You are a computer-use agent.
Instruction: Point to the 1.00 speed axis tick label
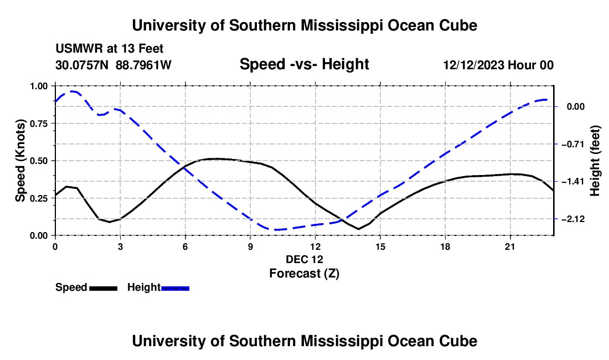[39, 86]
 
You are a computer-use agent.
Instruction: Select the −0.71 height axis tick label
[573, 144]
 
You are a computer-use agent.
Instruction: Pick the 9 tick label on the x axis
[250, 246]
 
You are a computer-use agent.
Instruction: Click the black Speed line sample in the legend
[104, 288]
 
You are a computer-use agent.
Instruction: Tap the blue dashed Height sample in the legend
[175, 288]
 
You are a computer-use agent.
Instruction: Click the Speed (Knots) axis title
[20, 161]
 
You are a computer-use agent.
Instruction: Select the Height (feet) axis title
[595, 161]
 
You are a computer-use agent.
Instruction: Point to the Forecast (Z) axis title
[304, 274]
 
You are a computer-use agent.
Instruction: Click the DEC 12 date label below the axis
[304, 259]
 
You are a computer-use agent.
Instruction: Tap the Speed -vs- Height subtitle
[304, 64]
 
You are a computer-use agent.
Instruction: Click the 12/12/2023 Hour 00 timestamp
[498, 65]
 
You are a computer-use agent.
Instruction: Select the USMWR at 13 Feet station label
[110, 49]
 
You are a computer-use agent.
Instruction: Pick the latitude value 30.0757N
[82, 65]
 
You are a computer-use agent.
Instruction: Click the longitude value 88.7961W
[143, 65]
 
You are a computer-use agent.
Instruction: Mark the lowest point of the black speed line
[359, 229]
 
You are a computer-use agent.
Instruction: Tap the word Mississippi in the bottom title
[342, 341]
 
